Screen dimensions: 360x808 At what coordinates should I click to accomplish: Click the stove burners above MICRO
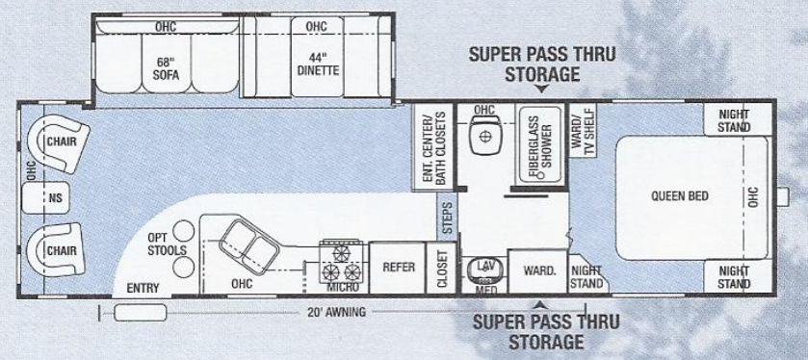(346, 257)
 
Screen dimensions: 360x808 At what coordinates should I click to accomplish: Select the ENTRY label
(143, 288)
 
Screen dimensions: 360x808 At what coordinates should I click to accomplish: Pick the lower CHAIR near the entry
(60, 250)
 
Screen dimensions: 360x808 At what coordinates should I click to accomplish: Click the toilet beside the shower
(484, 139)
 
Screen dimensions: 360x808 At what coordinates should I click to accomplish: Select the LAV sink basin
(483, 270)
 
